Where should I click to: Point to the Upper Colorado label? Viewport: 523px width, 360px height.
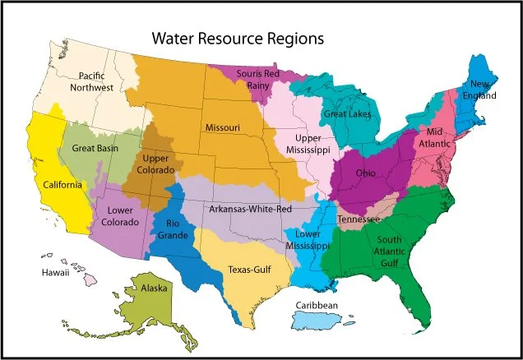pos(163,164)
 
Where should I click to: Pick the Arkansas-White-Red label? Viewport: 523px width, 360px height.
pos(250,210)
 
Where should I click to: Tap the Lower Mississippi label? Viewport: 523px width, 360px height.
pos(308,239)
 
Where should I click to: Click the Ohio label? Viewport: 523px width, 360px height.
pos(368,174)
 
